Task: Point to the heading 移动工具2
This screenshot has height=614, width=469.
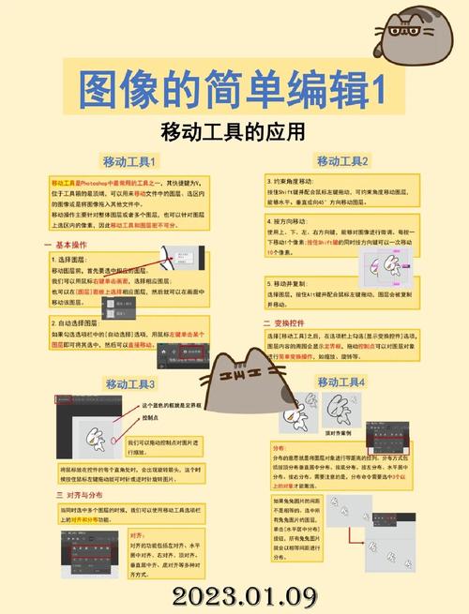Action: pos(342,161)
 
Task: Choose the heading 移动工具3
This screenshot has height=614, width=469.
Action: pos(130,384)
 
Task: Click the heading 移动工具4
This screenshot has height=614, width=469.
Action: pos(341,382)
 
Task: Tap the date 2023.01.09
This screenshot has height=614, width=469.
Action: pos(231,595)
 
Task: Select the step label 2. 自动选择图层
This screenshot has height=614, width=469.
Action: pos(83,322)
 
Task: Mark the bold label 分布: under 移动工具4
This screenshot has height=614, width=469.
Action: pos(279,448)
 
